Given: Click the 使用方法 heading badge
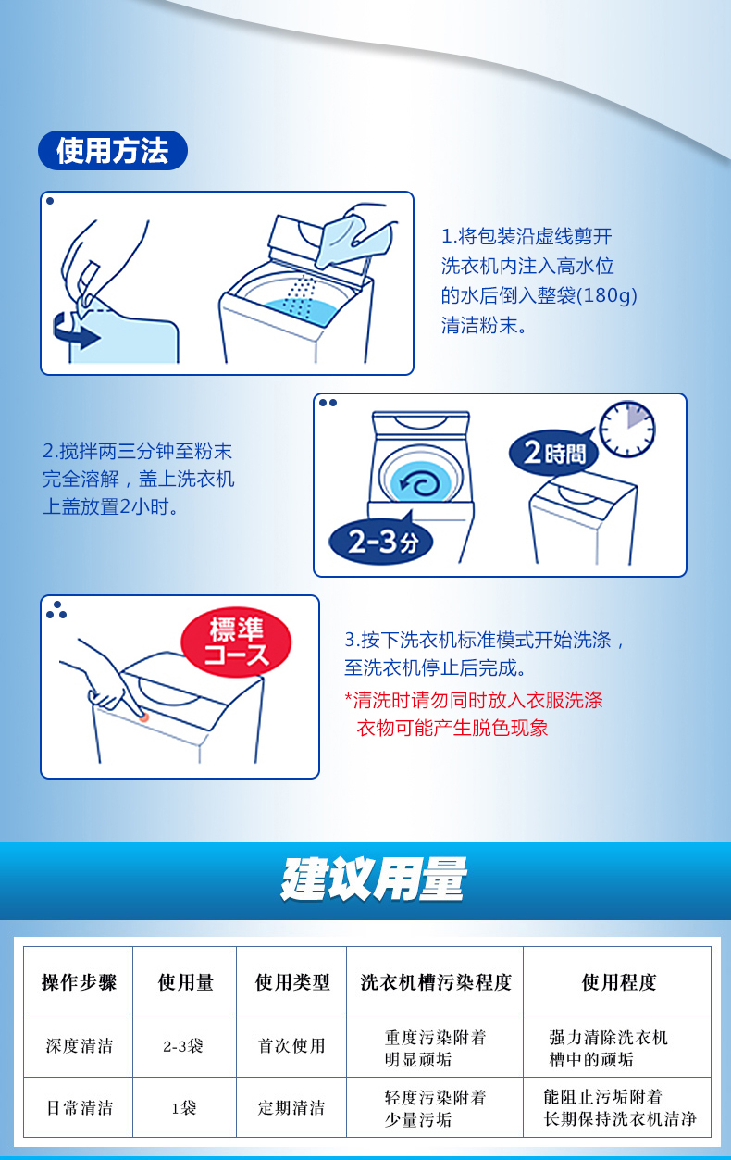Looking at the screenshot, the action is click(x=113, y=150).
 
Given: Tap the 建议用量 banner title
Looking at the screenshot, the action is click(x=373, y=879).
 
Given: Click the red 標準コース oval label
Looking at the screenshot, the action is click(x=236, y=642).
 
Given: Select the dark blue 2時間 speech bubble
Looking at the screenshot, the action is click(x=554, y=453).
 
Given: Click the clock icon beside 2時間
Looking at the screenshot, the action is click(x=627, y=429).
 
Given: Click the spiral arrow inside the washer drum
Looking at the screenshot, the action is click(x=419, y=484).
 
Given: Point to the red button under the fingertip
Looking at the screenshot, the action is click(x=144, y=717).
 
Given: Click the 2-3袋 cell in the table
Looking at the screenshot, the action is click(x=183, y=1046).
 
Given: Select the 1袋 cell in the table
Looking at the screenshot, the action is click(x=184, y=1108).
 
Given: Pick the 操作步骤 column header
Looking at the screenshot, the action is click(x=79, y=982).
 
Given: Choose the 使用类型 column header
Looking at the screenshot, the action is click(x=292, y=982).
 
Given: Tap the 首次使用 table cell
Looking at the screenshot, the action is click(x=291, y=1045).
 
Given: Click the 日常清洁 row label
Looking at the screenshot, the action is click(x=80, y=1108).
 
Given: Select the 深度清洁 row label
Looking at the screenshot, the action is click(x=80, y=1045).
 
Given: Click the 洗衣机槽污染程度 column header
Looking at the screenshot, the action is click(x=436, y=982).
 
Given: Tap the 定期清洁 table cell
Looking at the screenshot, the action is click(x=291, y=1108).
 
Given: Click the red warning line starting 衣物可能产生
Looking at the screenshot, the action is click(x=452, y=728).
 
